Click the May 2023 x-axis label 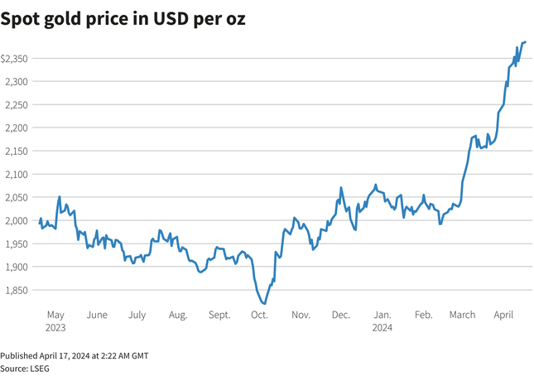point(55,321)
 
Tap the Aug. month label point(178,316)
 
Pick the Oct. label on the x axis point(259,316)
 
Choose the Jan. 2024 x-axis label point(382,321)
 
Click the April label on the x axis point(504,316)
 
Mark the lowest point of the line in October point(264,304)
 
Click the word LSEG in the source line point(38,367)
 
